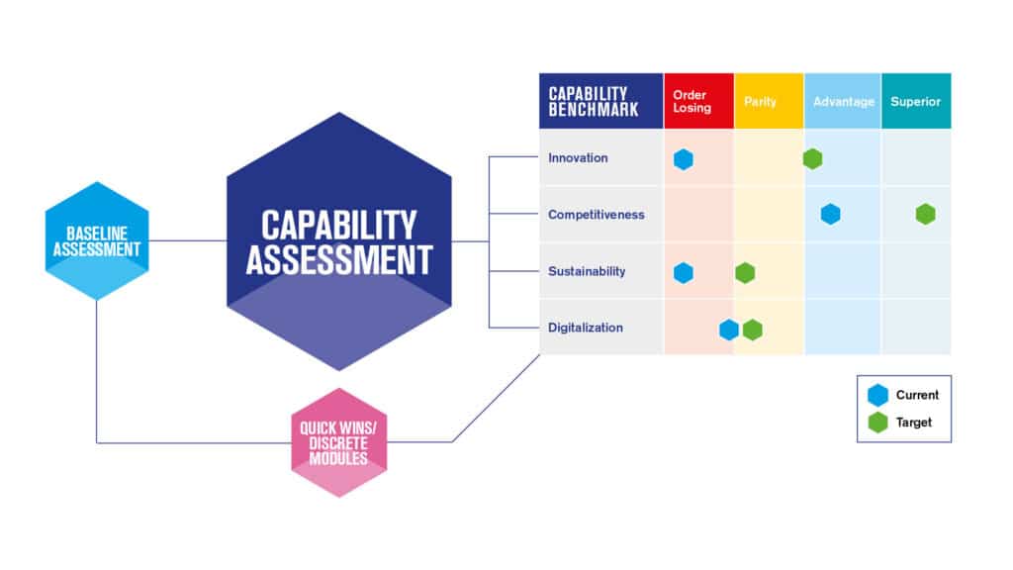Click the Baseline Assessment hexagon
tap(97, 240)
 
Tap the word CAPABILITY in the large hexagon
tap(338, 225)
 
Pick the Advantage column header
tap(843, 101)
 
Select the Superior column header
tap(915, 101)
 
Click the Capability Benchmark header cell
tap(600, 101)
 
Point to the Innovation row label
tap(578, 158)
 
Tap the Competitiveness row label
tap(596, 214)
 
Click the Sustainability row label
tap(587, 271)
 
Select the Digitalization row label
tap(586, 328)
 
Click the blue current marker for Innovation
tap(684, 159)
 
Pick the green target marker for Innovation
tap(812, 158)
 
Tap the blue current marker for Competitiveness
tap(830, 214)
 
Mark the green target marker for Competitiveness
tap(925, 214)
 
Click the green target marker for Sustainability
tap(745, 272)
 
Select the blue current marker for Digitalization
tap(729, 330)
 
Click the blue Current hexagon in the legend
tap(877, 395)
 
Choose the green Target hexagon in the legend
tap(877, 423)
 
